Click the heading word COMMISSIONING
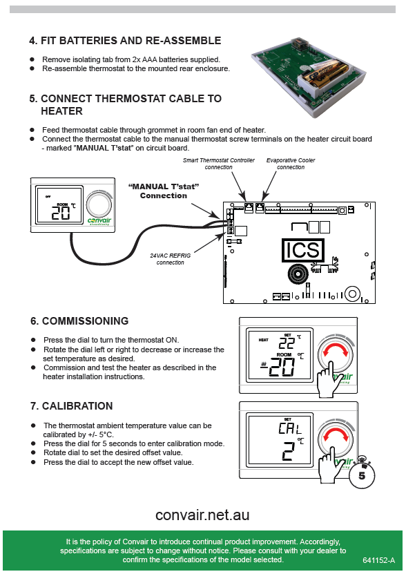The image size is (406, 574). coord(86,321)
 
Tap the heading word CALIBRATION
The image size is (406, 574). coord(77,406)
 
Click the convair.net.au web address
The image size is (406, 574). coord(202,515)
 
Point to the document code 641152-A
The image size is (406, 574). coord(379,560)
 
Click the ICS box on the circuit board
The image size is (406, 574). coord(302,250)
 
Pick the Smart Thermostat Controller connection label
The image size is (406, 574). coord(219,164)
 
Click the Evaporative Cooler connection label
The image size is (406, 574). coord(291,164)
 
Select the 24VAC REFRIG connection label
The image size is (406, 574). coord(171,259)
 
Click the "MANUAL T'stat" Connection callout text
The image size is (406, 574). coord(163,191)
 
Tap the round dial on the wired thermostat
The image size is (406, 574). coord(99,204)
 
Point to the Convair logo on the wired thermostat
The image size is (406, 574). coord(99,221)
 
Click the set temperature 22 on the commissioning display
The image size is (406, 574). coord(287,343)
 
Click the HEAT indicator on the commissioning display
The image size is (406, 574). coord(263,340)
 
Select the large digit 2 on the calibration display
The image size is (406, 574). coord(289,450)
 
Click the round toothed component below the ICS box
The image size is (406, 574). coord(298,274)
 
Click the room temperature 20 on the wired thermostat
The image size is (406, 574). coord(60,213)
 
